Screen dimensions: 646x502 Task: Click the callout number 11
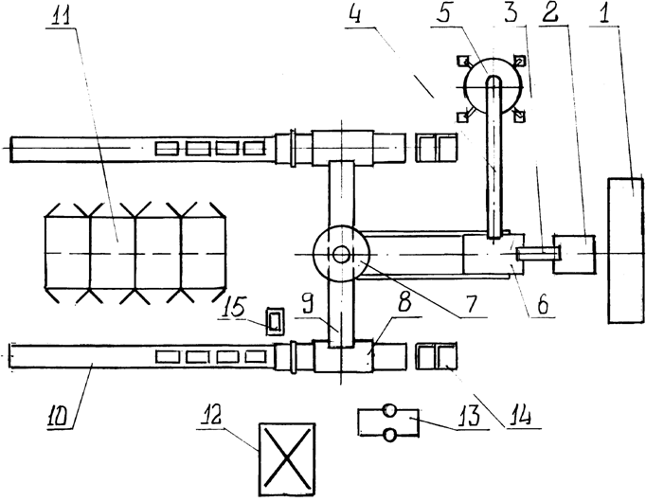(x=61, y=14)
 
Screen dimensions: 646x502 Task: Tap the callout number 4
(x=354, y=15)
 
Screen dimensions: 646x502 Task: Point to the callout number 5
(x=441, y=14)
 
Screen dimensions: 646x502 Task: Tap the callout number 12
(x=211, y=417)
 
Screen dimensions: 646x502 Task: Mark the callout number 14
(x=517, y=417)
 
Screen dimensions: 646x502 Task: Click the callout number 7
(x=470, y=305)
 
